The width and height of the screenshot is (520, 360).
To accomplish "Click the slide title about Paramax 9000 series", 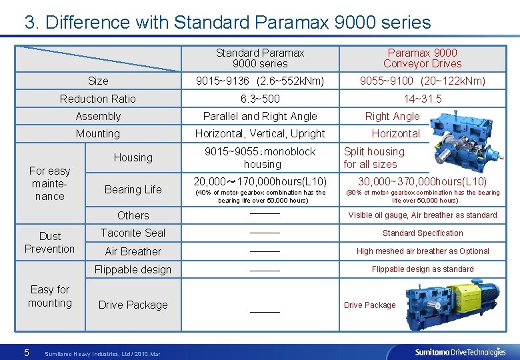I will pos(227,22).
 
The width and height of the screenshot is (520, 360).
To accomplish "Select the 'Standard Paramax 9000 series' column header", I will pos(260,58).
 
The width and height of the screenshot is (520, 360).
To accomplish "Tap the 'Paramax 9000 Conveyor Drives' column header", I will pos(422,58).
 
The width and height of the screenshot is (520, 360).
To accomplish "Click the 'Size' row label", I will pos(98,81).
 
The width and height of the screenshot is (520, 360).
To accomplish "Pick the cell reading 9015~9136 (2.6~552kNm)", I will pos(260,81).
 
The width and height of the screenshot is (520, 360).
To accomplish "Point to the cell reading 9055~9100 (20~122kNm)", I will pos(423,81).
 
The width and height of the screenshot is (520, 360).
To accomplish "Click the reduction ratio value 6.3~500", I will pos(260,99).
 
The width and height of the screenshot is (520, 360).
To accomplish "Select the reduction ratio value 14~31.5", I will pos(423,99).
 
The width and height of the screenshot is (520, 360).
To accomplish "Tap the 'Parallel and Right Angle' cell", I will pos(260,116).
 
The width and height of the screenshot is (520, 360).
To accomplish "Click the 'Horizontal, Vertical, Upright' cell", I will pos(260,133).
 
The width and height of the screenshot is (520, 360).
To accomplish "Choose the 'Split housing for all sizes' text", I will pos(374,158).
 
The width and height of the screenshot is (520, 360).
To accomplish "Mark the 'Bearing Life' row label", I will pos(133,189).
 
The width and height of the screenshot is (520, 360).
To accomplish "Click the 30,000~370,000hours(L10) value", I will pos(423,181).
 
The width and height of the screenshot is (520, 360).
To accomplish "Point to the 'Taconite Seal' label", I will pos(133,233).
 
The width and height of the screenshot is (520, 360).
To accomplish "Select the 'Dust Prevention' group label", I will pos(49,242).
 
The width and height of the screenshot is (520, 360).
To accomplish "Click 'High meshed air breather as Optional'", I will pos(423,251).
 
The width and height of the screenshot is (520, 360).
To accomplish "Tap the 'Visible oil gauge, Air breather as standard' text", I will pos(423,215).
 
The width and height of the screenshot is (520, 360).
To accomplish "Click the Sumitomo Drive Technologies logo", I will pos(460,351).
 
